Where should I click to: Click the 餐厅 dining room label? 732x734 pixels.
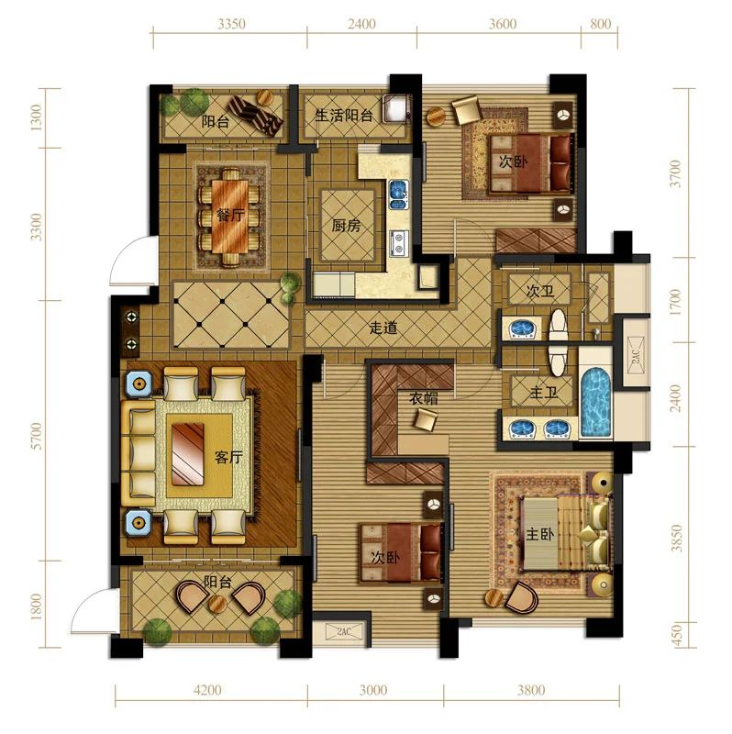tap(230, 216)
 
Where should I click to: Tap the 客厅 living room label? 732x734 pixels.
tap(228, 457)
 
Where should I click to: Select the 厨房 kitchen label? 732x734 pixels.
tap(347, 226)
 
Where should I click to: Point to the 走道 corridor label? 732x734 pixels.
tap(383, 328)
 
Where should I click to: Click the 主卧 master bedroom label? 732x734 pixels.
tap(539, 534)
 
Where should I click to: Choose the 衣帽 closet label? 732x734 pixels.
tap(424, 398)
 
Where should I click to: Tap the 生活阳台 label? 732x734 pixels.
tap(344, 116)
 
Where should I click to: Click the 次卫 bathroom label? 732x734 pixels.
tap(540, 291)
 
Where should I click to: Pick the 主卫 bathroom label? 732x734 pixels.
tap(543, 393)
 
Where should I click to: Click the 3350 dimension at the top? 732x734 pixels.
tap(231, 24)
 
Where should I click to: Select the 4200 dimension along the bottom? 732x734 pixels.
tap(207, 690)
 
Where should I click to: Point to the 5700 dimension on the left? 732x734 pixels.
tap(36, 436)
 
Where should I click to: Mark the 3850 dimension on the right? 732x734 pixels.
tap(676, 538)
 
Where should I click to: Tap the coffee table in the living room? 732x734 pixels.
tap(188, 454)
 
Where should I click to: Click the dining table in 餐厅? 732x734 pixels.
tap(230, 217)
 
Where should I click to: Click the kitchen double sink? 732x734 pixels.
tap(398, 195)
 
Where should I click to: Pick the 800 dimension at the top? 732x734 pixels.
tap(600, 24)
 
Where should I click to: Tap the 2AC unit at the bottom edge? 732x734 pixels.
tap(344, 631)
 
